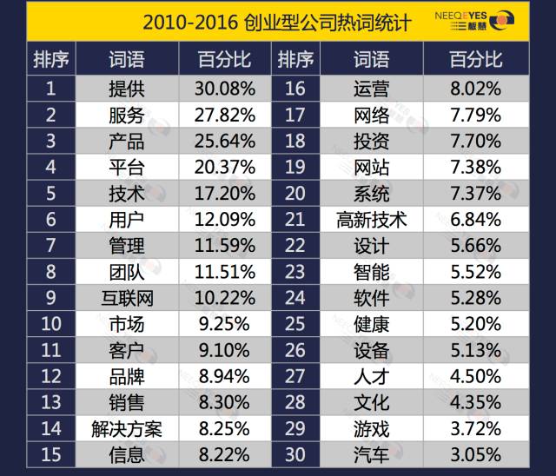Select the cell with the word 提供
click(127, 88)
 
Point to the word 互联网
click(127, 299)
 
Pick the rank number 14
click(51, 429)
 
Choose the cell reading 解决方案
click(127, 429)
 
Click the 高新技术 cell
click(372, 220)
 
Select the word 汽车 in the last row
click(372, 454)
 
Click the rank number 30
click(295, 454)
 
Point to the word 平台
click(127, 167)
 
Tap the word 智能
click(372, 272)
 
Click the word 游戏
click(372, 429)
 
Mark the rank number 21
click(295, 220)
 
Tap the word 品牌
click(127, 377)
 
